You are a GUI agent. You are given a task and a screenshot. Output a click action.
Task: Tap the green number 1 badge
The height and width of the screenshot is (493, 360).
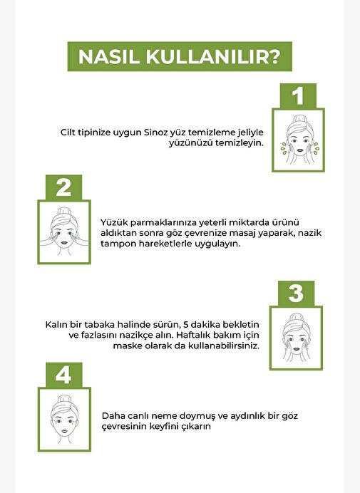pyautogui.click(x=298, y=96)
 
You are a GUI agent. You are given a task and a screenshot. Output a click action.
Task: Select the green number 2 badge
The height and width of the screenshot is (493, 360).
pyautogui.click(x=64, y=187)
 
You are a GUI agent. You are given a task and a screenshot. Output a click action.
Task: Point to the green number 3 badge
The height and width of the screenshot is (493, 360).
pyautogui.click(x=296, y=294)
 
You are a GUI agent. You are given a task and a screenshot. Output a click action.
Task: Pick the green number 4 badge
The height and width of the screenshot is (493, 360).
pyautogui.click(x=64, y=375)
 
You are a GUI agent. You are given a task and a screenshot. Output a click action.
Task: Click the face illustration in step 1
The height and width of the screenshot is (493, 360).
pyautogui.click(x=299, y=140)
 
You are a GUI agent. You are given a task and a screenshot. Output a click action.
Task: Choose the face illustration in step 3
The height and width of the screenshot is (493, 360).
pyautogui.click(x=296, y=338)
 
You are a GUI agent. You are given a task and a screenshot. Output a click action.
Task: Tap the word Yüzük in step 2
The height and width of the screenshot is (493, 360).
pyautogui.click(x=113, y=222)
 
